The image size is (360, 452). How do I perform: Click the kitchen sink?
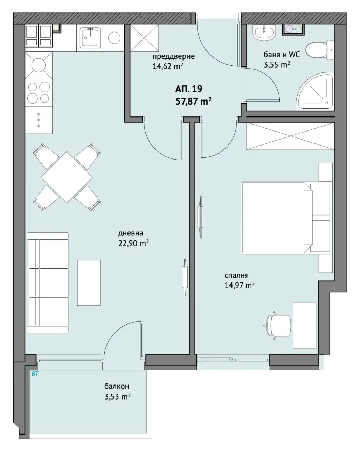[x=91, y=38]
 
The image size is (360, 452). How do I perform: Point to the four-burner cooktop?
[x=39, y=92]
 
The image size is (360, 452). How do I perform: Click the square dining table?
[x=67, y=177]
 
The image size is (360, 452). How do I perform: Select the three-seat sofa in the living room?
[x=48, y=283]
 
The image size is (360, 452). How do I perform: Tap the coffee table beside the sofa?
[x=89, y=283]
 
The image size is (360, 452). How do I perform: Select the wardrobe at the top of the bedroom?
[x=290, y=136]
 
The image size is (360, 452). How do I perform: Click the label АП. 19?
[x=189, y=89]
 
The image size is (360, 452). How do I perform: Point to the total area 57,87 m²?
[x=193, y=101]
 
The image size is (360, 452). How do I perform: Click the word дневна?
[x=131, y=233]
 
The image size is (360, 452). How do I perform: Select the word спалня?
[x=236, y=275]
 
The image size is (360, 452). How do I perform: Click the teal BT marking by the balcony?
[x=35, y=374]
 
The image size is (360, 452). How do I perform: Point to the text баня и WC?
[x=282, y=55]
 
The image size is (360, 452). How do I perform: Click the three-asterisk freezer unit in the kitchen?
[x=39, y=120]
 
